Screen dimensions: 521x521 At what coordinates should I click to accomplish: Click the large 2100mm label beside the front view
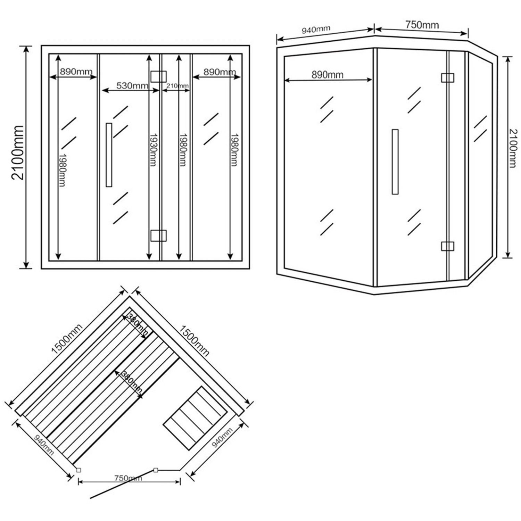coord(18,152)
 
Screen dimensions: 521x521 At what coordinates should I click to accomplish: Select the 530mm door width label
coord(132,85)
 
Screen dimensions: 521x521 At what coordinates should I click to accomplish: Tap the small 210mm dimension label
coord(177,86)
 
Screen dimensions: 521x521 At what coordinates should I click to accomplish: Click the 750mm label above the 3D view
coord(422,25)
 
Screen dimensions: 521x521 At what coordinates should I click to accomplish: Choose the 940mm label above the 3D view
coord(316,30)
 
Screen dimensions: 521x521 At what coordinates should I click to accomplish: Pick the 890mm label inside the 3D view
coord(327,75)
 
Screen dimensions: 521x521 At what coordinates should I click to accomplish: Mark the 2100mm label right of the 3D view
coord(512,148)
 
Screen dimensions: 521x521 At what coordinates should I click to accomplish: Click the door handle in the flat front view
coord(109,155)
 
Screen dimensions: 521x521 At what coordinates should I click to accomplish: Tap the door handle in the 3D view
coord(395,162)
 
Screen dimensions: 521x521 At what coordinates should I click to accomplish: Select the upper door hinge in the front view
coord(158,76)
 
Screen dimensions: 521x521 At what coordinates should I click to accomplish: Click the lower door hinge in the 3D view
coord(447,246)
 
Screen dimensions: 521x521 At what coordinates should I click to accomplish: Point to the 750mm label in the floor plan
coord(128,478)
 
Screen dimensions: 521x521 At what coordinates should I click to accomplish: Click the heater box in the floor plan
coord(195,418)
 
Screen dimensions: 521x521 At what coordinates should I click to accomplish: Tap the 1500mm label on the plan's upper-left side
coord(67,339)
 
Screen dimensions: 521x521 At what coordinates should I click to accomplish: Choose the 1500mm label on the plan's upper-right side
coord(194,340)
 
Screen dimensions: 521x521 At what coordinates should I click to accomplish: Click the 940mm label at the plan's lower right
coord(222,438)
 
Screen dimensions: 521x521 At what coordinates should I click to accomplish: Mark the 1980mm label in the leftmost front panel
coord(62,170)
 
